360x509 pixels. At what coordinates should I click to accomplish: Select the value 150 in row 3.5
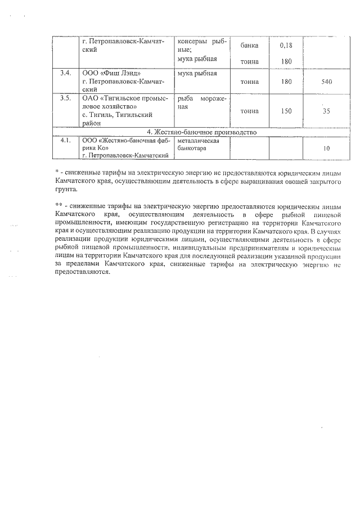(x=286, y=111)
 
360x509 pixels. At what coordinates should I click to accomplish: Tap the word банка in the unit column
(x=249, y=46)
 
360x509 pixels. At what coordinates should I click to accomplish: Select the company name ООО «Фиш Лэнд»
(x=108, y=74)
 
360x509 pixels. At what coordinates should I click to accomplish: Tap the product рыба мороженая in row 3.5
(x=201, y=102)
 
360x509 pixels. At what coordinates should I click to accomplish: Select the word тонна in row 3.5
(x=249, y=111)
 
